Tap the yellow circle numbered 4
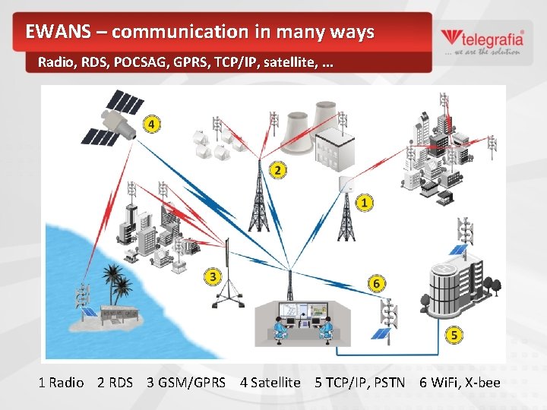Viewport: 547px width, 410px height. (x=153, y=124)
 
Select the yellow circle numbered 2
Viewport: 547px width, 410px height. (x=278, y=171)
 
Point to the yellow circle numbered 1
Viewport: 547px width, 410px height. (x=365, y=203)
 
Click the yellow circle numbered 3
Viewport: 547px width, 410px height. (x=213, y=277)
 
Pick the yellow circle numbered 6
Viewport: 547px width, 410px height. (x=376, y=284)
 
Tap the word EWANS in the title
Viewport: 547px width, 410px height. (x=55, y=32)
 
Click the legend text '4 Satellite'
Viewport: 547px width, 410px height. (x=270, y=382)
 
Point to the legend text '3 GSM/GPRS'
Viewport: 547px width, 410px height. (x=186, y=382)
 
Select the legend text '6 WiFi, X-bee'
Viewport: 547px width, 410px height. (x=460, y=382)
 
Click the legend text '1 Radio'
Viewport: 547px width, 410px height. (x=61, y=382)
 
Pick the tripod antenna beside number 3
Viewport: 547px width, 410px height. (x=226, y=273)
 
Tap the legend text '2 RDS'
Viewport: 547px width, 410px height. (x=115, y=382)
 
